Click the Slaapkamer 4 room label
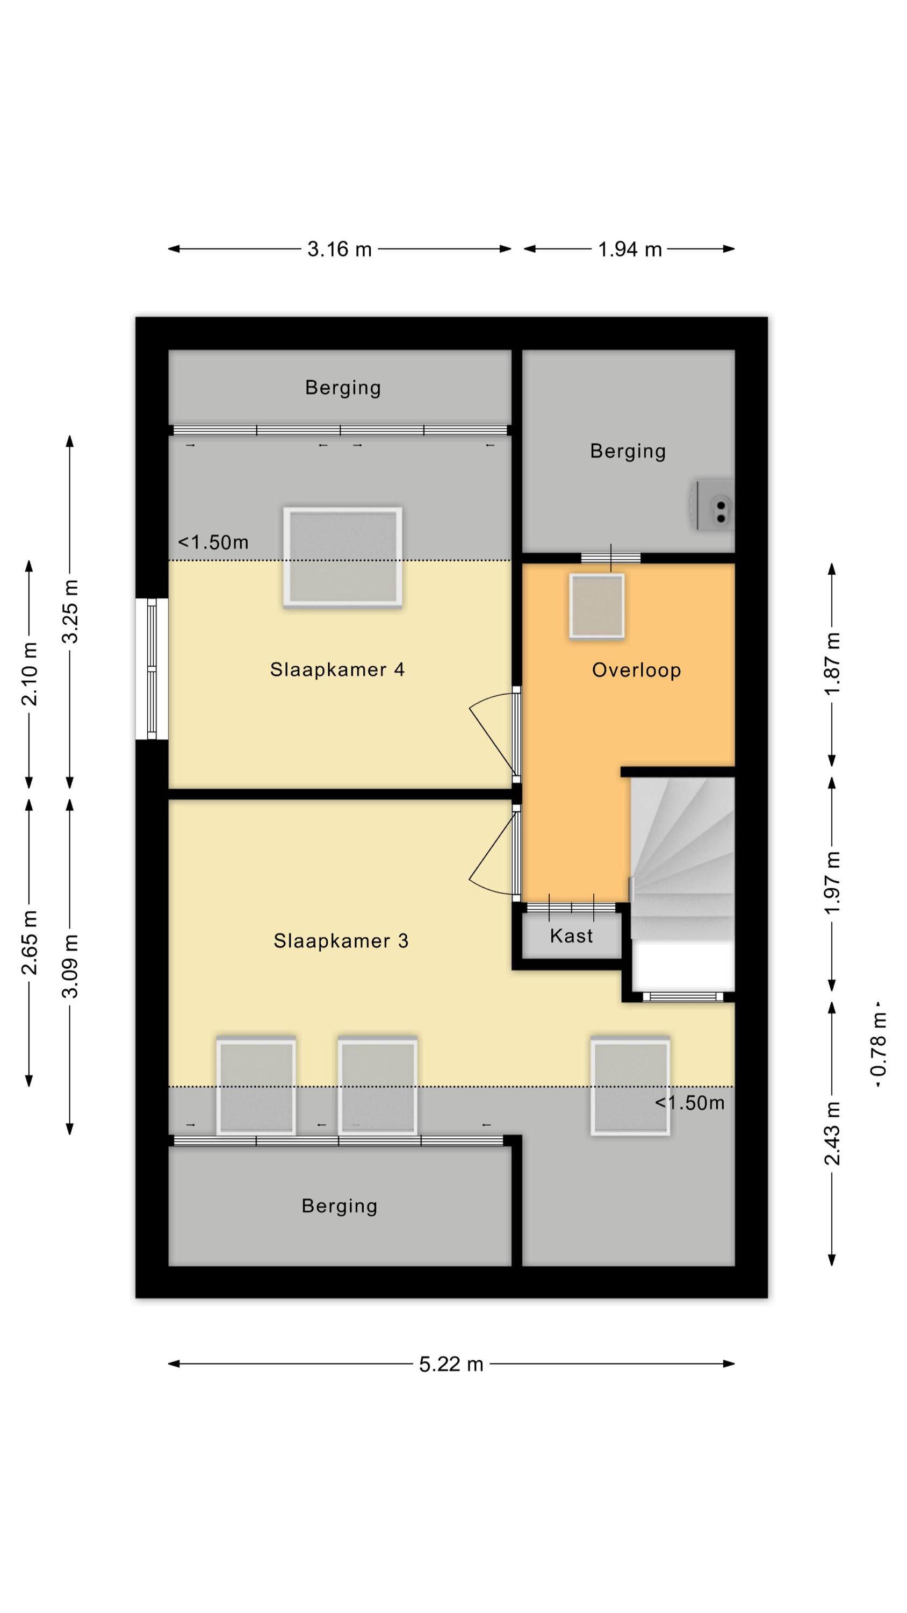[x=337, y=669]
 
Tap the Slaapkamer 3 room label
[x=341, y=940]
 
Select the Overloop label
[x=636, y=670]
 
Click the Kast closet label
[x=571, y=936]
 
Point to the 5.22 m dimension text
[x=451, y=1364]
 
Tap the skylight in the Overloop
[x=596, y=606]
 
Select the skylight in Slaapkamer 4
[x=342, y=556]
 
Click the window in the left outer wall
[x=152, y=669]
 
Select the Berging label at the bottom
[x=339, y=1206]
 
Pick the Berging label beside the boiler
[x=628, y=451]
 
